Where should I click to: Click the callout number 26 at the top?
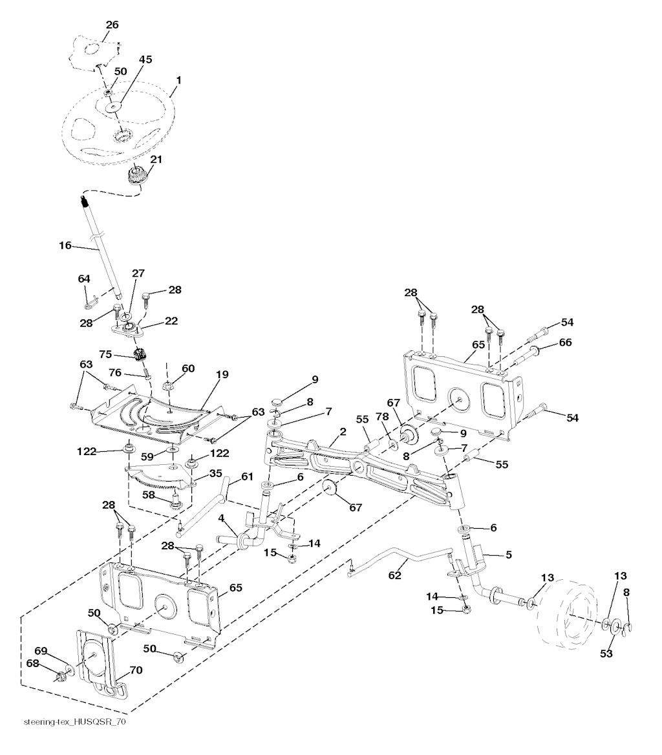pyautogui.click(x=112, y=25)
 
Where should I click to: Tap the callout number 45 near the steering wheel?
pyautogui.click(x=145, y=59)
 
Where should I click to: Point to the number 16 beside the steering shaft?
pyautogui.click(x=65, y=245)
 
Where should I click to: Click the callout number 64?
pyautogui.click(x=84, y=279)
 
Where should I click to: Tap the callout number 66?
pyautogui.click(x=565, y=343)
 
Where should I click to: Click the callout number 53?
pyautogui.click(x=606, y=654)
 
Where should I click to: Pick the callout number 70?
pyautogui.click(x=135, y=671)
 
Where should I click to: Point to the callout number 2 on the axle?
pyautogui.click(x=343, y=432)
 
